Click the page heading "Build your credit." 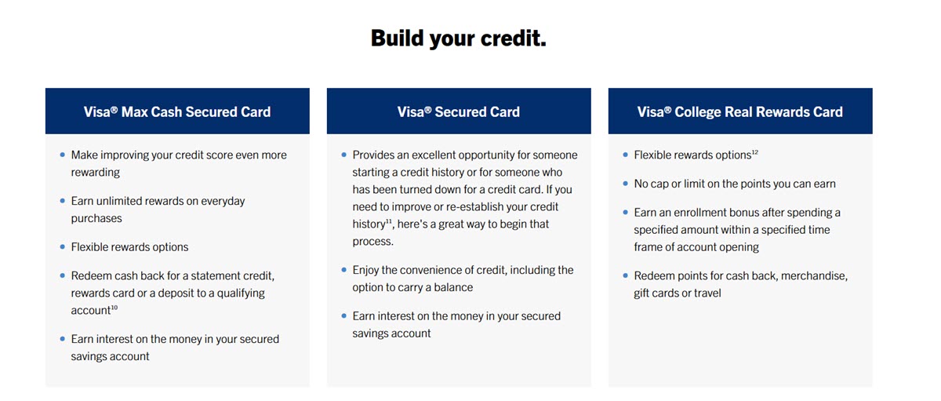pos(458,38)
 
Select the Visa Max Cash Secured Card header pos(177,111)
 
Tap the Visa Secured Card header pos(459,111)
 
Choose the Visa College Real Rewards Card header pos(740,111)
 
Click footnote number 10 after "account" pos(114,308)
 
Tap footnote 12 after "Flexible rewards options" pos(754,152)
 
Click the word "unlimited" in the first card pos(122,201)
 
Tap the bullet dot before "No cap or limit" pos(625,184)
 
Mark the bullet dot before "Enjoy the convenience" pos(343,270)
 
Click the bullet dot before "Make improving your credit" pos(62,155)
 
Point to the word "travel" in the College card pos(707,293)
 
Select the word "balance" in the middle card pos(452,287)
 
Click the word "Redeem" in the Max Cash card pos(91,276)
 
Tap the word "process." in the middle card pos(373,242)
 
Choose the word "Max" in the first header pos(136,111)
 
